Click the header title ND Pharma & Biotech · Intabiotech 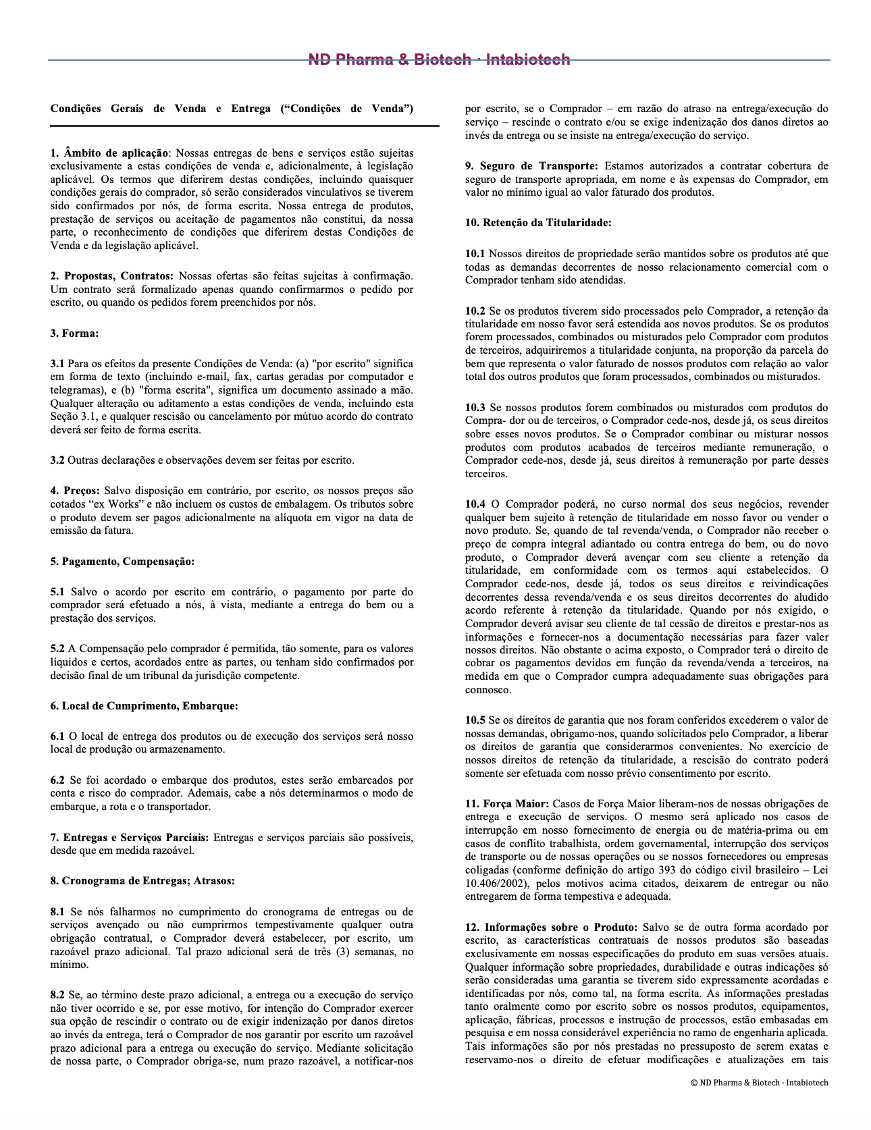(439, 60)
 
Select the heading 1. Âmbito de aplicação (109, 153)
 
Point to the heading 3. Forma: (74, 333)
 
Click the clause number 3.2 (57, 460)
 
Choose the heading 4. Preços (75, 491)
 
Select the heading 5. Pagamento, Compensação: (122, 562)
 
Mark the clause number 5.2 (57, 649)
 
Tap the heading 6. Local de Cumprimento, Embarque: (144, 706)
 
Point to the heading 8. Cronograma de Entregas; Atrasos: (142, 881)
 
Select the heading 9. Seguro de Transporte (531, 166)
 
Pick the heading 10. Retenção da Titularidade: (538, 223)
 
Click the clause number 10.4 (475, 504)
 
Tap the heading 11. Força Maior (507, 804)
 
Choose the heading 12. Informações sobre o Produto (551, 927)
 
